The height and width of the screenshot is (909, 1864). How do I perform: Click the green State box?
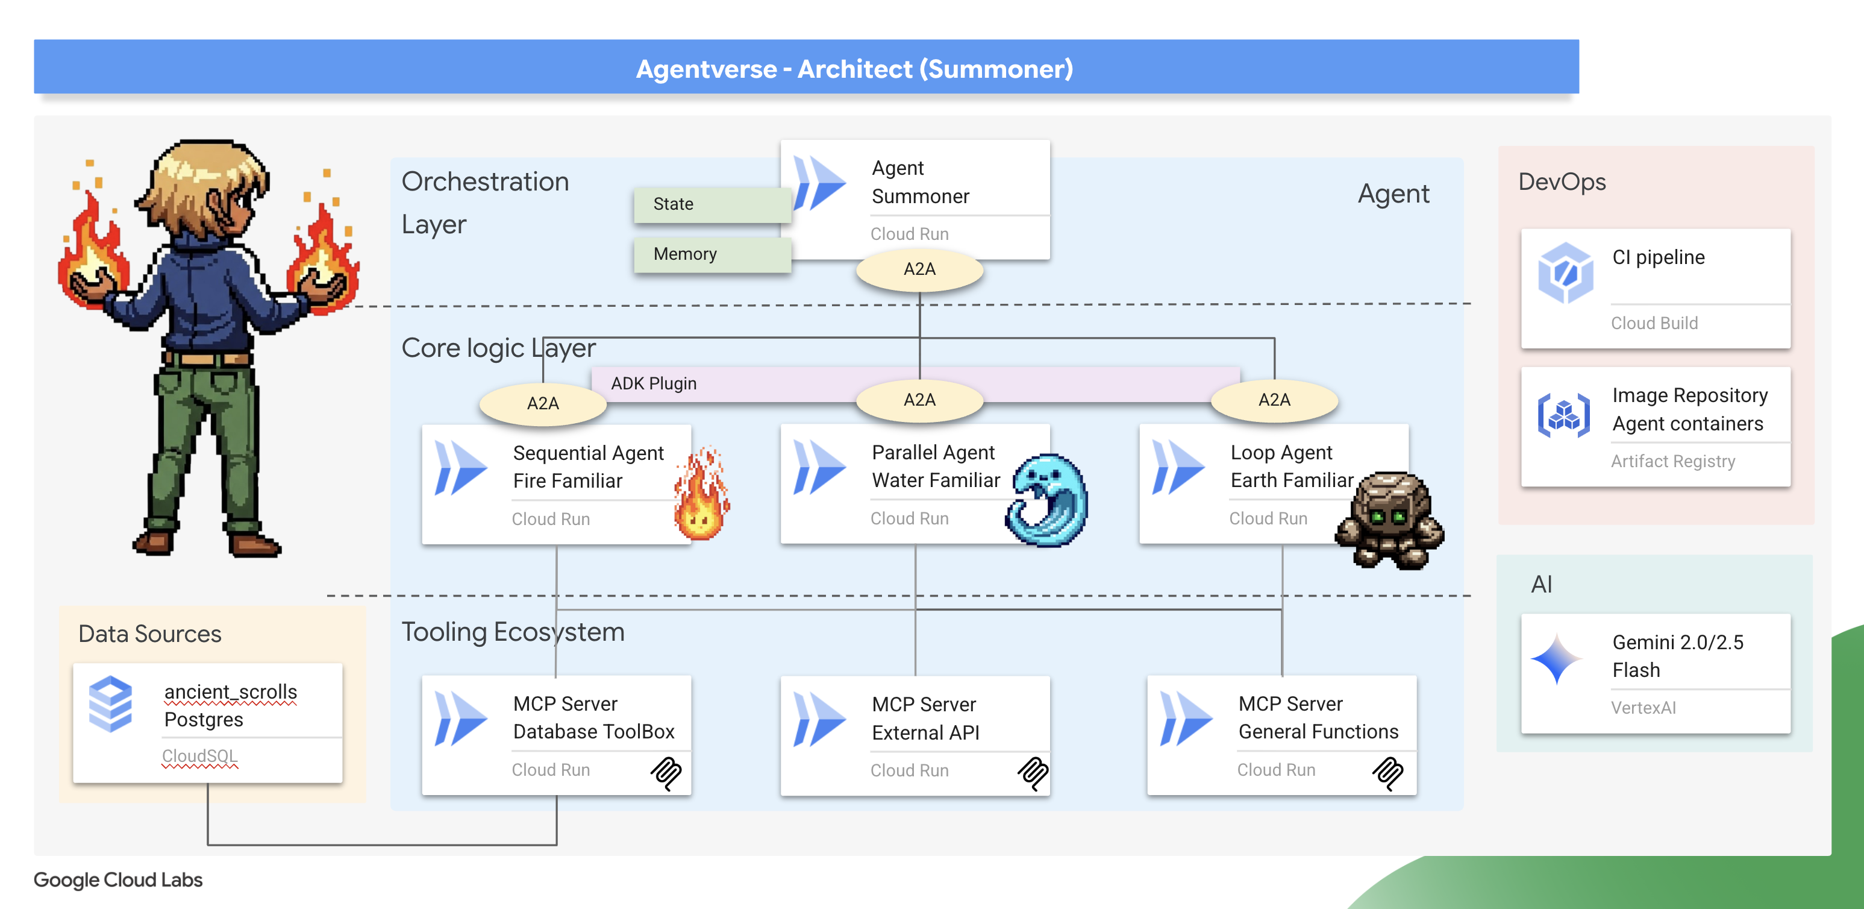point(712,204)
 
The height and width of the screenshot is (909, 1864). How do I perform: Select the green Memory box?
point(712,254)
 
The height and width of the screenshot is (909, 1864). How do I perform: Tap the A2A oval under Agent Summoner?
point(919,269)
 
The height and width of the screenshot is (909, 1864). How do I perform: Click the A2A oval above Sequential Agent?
point(543,403)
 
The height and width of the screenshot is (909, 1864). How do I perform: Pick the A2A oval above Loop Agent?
point(1274,400)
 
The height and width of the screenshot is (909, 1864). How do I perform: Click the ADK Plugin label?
point(654,383)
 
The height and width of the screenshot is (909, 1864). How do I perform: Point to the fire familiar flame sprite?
point(701,495)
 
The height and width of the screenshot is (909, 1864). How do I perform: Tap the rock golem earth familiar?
point(1389,520)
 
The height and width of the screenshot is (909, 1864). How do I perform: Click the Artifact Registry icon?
point(1564,415)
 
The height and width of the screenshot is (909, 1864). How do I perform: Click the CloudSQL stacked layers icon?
point(110,703)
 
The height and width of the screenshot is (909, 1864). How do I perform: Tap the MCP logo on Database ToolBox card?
point(666,773)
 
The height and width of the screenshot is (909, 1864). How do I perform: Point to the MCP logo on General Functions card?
point(1387,773)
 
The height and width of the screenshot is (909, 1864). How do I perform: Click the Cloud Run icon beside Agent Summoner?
point(819,183)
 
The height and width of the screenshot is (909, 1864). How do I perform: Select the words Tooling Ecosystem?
point(512,632)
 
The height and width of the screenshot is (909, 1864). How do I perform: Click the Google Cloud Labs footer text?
point(118,879)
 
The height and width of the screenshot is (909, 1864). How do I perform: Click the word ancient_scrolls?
point(230,692)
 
